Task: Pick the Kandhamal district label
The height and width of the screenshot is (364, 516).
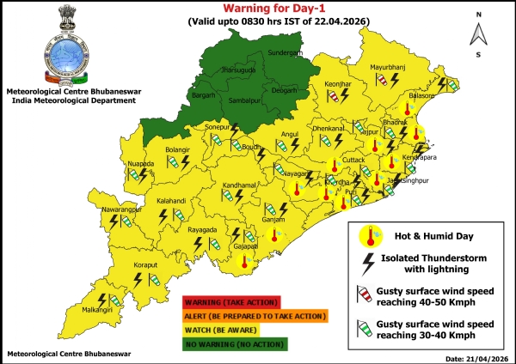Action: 214,185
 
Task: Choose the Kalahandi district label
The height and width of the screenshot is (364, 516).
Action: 172,203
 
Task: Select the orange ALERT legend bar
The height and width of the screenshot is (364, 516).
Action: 255,315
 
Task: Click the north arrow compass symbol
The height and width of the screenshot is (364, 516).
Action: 476,33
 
